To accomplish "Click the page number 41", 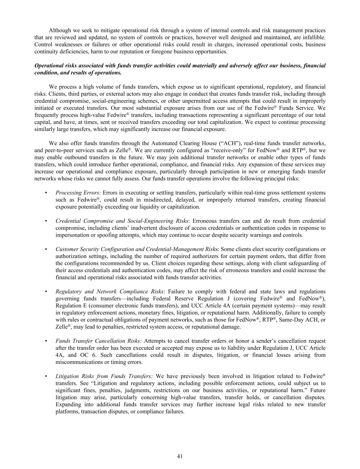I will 180,456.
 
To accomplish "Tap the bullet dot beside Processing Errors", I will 46,193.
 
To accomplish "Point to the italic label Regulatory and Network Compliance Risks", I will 110,291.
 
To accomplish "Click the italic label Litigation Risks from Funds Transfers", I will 104,376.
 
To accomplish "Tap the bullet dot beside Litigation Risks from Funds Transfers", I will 46,376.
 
